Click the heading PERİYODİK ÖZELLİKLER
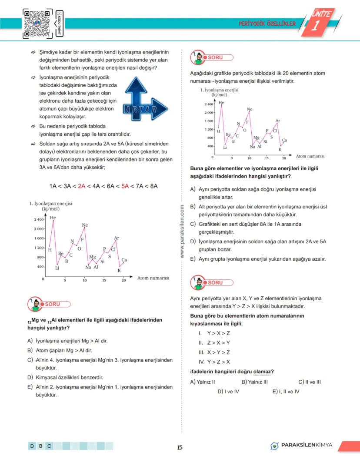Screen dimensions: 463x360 tap(267, 23)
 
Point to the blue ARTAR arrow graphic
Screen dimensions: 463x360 tap(140, 101)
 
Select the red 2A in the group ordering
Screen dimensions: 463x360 tap(81, 186)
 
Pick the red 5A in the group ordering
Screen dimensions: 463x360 tap(125, 186)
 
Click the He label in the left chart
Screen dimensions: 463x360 tap(53, 218)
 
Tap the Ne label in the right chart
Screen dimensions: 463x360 tap(250, 109)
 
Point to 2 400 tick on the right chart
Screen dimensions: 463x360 tap(208, 104)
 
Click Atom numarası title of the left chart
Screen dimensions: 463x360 tap(153, 278)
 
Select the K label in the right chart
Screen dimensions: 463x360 tap(280, 149)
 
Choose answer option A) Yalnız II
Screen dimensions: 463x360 tap(203, 382)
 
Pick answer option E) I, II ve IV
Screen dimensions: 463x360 tap(286, 391)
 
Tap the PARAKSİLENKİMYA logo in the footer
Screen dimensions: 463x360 tap(301, 445)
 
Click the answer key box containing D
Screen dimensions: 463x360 tap(32, 446)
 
